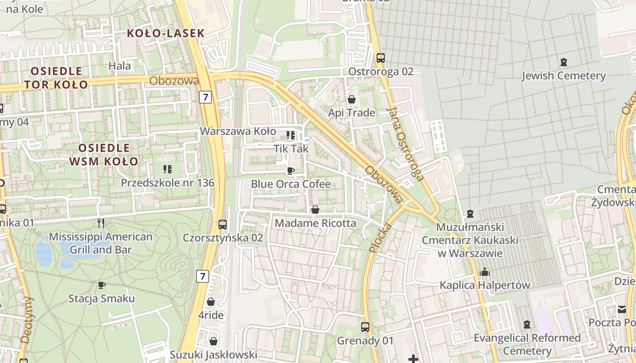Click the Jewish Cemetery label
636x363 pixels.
pyautogui.click(x=563, y=75)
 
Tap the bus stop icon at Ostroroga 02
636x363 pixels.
pyautogui.click(x=381, y=58)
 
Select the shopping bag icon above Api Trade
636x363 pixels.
pyautogui.click(x=352, y=99)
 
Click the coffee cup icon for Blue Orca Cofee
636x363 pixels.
pyautogui.click(x=291, y=171)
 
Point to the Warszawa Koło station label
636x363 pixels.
pyautogui.click(x=238, y=131)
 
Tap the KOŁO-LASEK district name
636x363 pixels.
pyautogui.click(x=165, y=33)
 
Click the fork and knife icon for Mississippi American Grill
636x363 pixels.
pyautogui.click(x=101, y=223)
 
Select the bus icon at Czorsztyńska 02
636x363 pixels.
pyautogui.click(x=223, y=224)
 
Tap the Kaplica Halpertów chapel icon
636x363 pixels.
pyautogui.click(x=485, y=272)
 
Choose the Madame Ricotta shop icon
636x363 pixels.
pyautogui.click(x=315, y=210)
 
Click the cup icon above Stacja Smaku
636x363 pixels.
pyautogui.click(x=102, y=285)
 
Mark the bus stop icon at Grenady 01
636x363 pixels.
pyautogui.click(x=365, y=327)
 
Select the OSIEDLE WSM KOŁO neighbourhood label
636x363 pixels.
pyautogui.click(x=104, y=155)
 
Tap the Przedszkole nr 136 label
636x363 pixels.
pyautogui.click(x=167, y=183)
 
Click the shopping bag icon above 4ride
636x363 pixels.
pyautogui.click(x=211, y=302)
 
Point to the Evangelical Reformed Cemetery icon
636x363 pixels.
pyautogui.click(x=527, y=324)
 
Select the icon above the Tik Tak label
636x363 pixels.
pyautogui.click(x=291, y=135)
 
